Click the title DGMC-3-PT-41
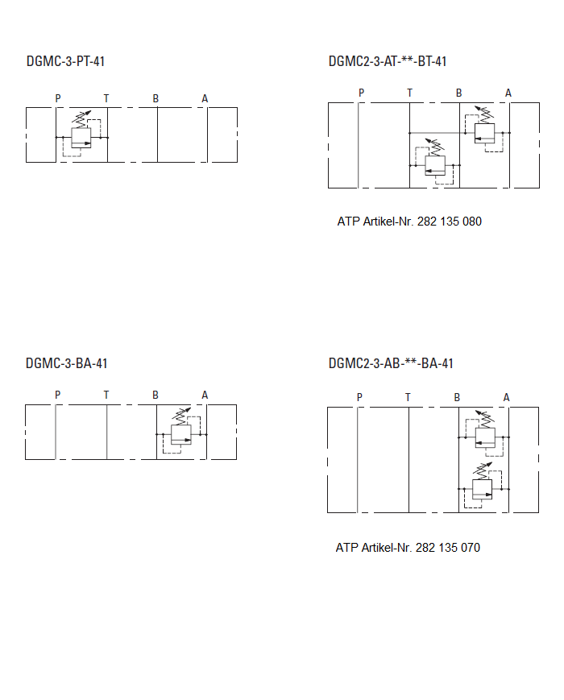(x=65, y=61)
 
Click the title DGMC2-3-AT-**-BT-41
(x=388, y=61)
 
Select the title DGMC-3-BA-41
(x=66, y=363)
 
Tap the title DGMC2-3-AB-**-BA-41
(x=391, y=363)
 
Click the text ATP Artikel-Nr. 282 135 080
(x=409, y=222)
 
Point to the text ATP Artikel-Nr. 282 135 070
(x=408, y=548)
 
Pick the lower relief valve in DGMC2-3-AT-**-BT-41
(x=435, y=164)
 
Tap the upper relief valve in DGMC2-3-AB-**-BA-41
(x=484, y=436)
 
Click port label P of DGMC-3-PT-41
(x=57, y=99)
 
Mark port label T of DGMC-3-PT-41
(x=106, y=99)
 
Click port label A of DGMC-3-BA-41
(x=205, y=395)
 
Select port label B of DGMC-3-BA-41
(x=156, y=395)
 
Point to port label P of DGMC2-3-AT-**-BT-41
(x=361, y=93)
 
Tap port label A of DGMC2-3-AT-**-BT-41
(x=508, y=93)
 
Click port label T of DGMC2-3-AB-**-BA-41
(x=408, y=397)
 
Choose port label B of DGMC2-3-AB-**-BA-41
(x=457, y=397)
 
